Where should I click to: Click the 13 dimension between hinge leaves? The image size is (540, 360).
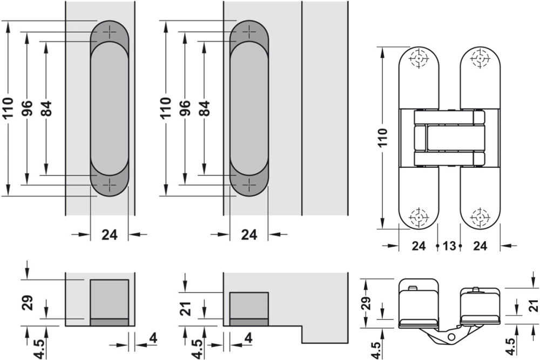448,246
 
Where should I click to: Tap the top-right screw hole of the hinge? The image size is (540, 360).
480,58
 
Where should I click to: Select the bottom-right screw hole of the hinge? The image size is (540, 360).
480,217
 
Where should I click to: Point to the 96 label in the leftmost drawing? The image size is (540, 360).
26,108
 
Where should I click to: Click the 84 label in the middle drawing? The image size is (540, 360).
204,108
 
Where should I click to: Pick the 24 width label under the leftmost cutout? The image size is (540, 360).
110,235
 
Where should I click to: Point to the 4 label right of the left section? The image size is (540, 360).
153,339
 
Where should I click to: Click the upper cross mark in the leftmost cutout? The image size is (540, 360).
111,32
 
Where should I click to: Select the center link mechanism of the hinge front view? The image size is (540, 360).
448,138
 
